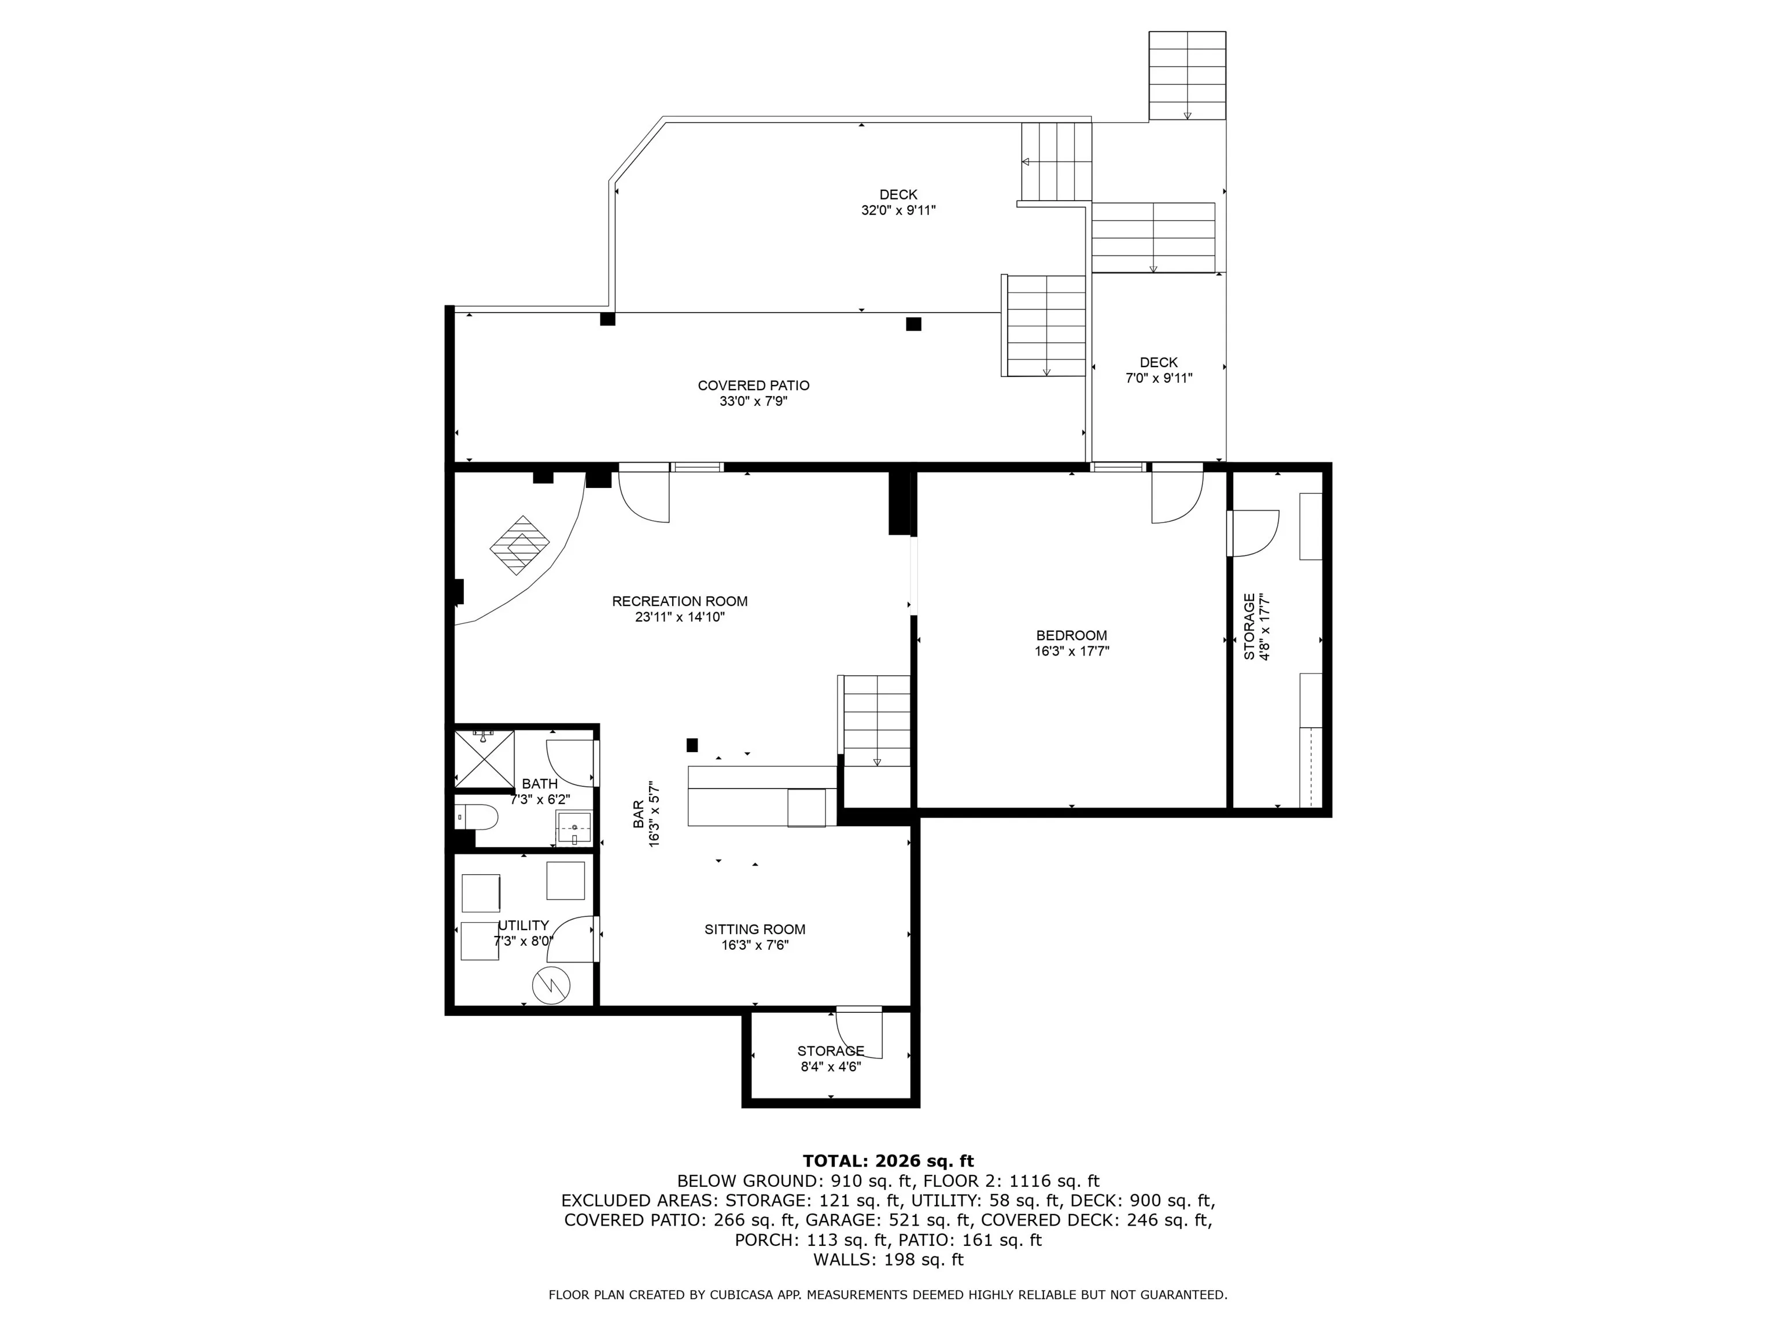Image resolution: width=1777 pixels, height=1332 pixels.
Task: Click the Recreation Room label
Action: tap(680, 601)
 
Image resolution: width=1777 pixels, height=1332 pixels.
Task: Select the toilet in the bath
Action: tap(477, 816)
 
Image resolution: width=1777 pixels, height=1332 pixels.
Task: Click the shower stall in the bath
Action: tap(484, 758)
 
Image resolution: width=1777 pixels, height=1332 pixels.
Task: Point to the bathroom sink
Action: tap(574, 827)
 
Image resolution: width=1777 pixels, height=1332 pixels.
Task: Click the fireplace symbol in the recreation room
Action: tap(520, 545)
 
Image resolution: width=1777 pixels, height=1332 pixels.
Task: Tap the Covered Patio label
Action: tap(754, 386)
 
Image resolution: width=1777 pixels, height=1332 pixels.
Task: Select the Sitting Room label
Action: tap(755, 929)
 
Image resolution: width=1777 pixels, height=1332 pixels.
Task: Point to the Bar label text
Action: tap(638, 814)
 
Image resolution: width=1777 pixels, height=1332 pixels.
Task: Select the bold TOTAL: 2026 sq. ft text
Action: tap(888, 1161)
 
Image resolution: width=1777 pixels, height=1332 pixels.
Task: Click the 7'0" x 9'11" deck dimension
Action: tap(1159, 378)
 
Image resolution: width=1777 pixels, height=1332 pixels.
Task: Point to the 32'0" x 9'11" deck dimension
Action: tap(898, 210)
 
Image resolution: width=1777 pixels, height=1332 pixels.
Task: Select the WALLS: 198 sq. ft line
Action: tap(888, 1260)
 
